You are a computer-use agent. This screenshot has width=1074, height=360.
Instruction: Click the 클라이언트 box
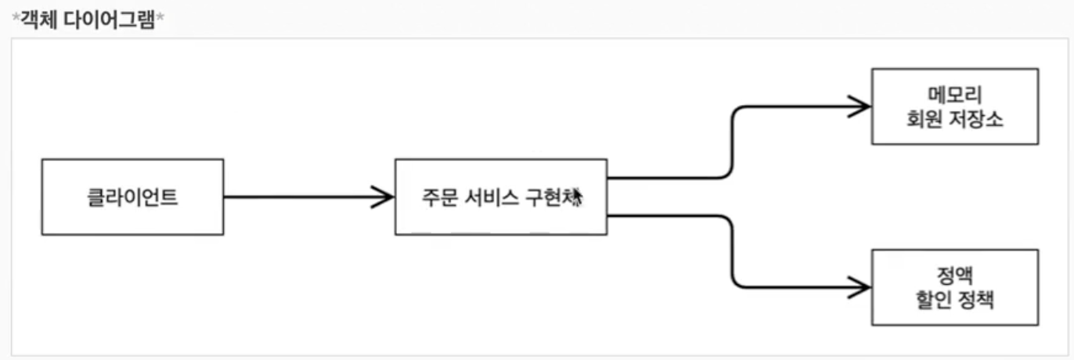(x=132, y=197)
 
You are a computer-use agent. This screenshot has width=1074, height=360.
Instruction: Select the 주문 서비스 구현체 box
(x=500, y=197)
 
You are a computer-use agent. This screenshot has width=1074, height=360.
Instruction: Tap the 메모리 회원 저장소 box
(x=954, y=106)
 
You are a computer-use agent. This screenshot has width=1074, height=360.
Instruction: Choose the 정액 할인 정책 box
(x=954, y=287)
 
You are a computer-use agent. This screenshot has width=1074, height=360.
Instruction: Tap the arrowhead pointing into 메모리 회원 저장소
(x=860, y=106)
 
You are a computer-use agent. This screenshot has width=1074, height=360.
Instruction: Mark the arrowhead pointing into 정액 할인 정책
(x=860, y=288)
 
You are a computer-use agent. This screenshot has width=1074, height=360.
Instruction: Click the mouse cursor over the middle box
(x=578, y=196)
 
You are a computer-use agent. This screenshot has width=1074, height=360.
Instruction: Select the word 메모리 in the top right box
(x=954, y=94)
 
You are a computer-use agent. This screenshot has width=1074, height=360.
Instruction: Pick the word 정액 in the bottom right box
(x=954, y=275)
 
